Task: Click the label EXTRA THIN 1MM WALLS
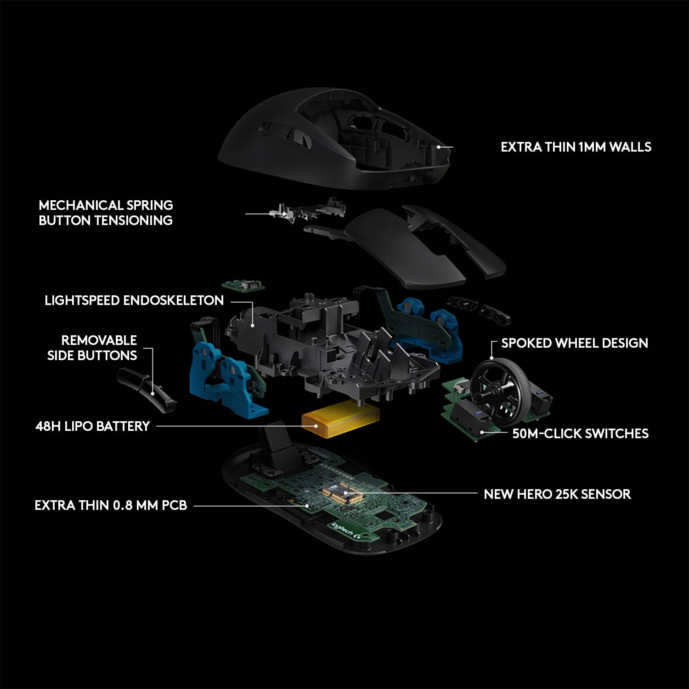[576, 147]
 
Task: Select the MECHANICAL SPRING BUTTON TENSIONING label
[106, 213]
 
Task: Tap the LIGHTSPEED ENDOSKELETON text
[134, 300]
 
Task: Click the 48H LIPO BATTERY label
[93, 426]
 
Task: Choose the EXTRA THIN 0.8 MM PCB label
[111, 505]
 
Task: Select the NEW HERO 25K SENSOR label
[557, 494]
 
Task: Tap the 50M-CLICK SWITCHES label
[580, 434]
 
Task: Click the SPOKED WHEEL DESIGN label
[574, 343]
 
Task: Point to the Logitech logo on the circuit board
[349, 531]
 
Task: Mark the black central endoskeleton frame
[322, 340]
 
